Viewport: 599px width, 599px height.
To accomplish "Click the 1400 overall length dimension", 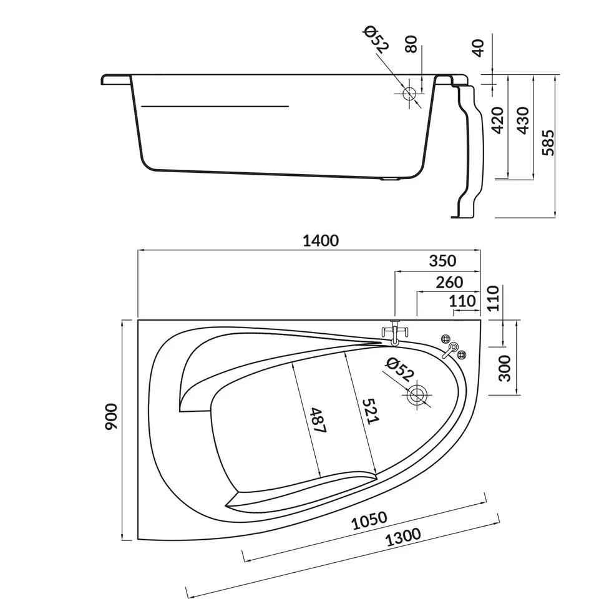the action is [x=321, y=241].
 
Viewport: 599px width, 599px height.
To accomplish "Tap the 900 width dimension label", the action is [x=112, y=416].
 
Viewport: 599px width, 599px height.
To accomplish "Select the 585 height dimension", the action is [x=548, y=142].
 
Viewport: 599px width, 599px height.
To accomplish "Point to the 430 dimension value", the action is [x=523, y=120].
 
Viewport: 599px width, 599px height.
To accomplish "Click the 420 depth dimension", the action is [x=497, y=120].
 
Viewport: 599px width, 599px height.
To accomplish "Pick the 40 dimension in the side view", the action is [x=479, y=48].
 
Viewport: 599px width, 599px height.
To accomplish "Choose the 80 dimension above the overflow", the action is [x=411, y=44].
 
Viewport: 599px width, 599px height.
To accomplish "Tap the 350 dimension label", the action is [x=442, y=261].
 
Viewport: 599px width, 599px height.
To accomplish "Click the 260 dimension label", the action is [x=449, y=282].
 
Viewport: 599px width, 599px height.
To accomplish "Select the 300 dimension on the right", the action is [x=505, y=368].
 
